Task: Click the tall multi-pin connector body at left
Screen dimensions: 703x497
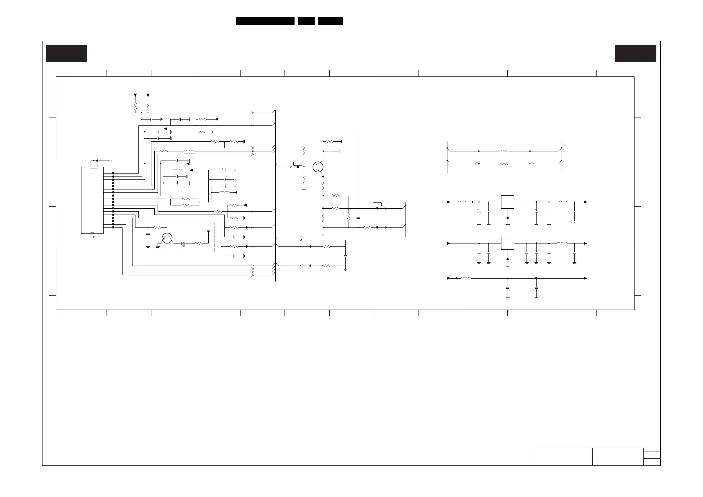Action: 92,200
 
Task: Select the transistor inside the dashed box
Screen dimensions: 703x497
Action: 167,238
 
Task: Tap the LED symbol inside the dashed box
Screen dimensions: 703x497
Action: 183,243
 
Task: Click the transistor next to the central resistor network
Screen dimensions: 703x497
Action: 318,167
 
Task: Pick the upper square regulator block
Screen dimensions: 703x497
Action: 507,202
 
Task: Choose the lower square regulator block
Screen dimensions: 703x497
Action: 507,243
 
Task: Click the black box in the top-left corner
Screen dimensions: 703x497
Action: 67,54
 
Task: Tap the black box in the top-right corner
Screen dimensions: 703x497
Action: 636,54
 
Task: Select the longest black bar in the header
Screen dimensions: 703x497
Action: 265,21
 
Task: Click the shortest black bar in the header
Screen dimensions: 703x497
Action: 306,21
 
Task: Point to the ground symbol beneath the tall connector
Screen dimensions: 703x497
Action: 94,241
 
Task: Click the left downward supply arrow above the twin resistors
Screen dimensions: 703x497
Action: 135,95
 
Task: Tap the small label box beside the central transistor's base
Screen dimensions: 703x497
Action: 297,164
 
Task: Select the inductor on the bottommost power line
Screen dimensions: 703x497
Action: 466,278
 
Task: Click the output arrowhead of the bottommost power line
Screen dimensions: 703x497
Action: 586,278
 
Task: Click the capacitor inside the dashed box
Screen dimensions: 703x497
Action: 148,234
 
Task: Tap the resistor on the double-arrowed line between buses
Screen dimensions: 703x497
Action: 504,164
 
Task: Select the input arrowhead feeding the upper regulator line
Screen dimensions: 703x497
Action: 449,202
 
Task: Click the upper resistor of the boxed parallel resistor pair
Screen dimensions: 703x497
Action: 186,199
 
